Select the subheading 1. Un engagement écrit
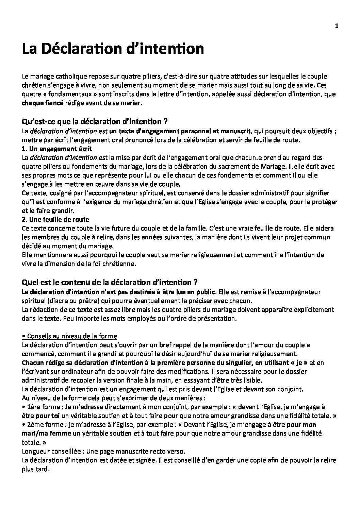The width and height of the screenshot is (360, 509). (x=56, y=149)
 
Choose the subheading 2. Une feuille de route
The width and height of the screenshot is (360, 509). (x=55, y=219)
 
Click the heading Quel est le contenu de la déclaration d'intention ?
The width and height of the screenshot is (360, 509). (x=110, y=282)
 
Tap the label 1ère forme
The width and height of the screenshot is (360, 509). (x=41, y=407)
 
